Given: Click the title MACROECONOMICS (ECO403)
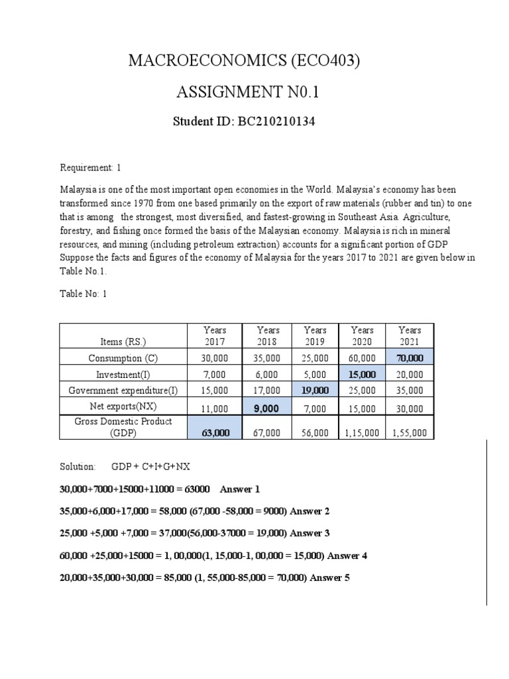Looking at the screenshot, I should click(x=246, y=62).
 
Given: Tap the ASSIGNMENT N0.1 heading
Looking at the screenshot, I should click(x=247, y=92).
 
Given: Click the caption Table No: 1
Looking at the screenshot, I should click(x=84, y=294).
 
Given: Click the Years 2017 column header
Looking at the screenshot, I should click(x=215, y=336).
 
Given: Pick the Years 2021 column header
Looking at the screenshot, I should click(x=409, y=336).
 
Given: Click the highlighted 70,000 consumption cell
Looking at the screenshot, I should click(x=409, y=358).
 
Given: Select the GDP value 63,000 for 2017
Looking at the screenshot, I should click(x=215, y=432).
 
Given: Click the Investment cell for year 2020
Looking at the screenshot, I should click(x=362, y=375).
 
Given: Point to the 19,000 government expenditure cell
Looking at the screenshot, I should click(x=315, y=391).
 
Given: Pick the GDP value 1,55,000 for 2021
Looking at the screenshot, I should click(x=409, y=433).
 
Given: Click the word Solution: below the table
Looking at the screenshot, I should click(x=78, y=467).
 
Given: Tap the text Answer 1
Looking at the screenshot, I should click(x=240, y=489).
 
